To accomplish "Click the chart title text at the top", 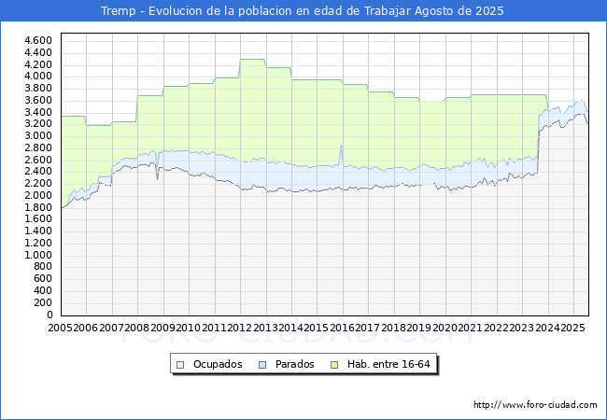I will coord(303,11).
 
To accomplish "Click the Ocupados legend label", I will coord(218,364).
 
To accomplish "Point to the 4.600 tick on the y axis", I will coord(38,40).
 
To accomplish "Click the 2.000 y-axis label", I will coord(38,195).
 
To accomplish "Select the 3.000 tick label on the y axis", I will coord(38,135).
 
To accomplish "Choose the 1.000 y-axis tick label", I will coord(38,255).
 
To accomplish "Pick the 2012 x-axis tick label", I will coord(240,328).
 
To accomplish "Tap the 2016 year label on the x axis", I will coord(342,328).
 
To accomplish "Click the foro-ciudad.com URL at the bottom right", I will coord(535,405).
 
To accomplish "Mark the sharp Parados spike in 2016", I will coord(341,146).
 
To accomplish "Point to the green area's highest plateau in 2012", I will coord(252,60).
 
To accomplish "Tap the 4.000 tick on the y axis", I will coord(38,76).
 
